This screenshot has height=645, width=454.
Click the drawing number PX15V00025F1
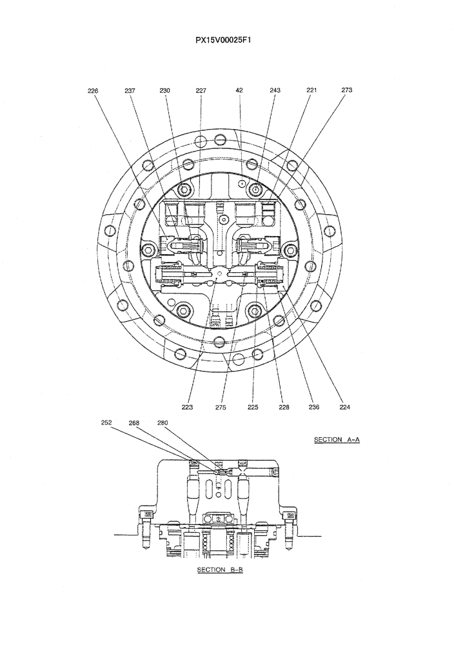pyautogui.click(x=227, y=39)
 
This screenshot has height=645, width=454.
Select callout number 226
pyautogui.click(x=93, y=91)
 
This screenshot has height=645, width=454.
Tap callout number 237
pyautogui.click(x=130, y=91)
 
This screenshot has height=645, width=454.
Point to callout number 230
pyautogui.click(x=164, y=91)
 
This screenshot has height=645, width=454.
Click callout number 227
pyautogui.click(x=201, y=91)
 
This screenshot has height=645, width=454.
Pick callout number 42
pyautogui.click(x=239, y=91)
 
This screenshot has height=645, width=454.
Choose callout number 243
pyautogui.click(x=275, y=91)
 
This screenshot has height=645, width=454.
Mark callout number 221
pyautogui.click(x=311, y=91)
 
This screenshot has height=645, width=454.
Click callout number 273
pyautogui.click(x=347, y=91)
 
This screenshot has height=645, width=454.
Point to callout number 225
pyautogui.click(x=252, y=407)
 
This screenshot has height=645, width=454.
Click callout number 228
pyautogui.click(x=284, y=407)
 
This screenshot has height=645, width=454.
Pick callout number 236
pyautogui.click(x=315, y=407)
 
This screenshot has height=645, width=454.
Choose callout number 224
pyautogui.click(x=346, y=407)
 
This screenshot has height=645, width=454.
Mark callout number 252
pyautogui.click(x=106, y=423)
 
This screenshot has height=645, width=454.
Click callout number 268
pyautogui.click(x=134, y=423)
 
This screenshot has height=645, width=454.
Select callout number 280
pyautogui.click(x=163, y=423)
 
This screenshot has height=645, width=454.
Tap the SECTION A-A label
pyautogui.click(x=336, y=440)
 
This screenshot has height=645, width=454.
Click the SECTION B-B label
pyautogui.click(x=219, y=570)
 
